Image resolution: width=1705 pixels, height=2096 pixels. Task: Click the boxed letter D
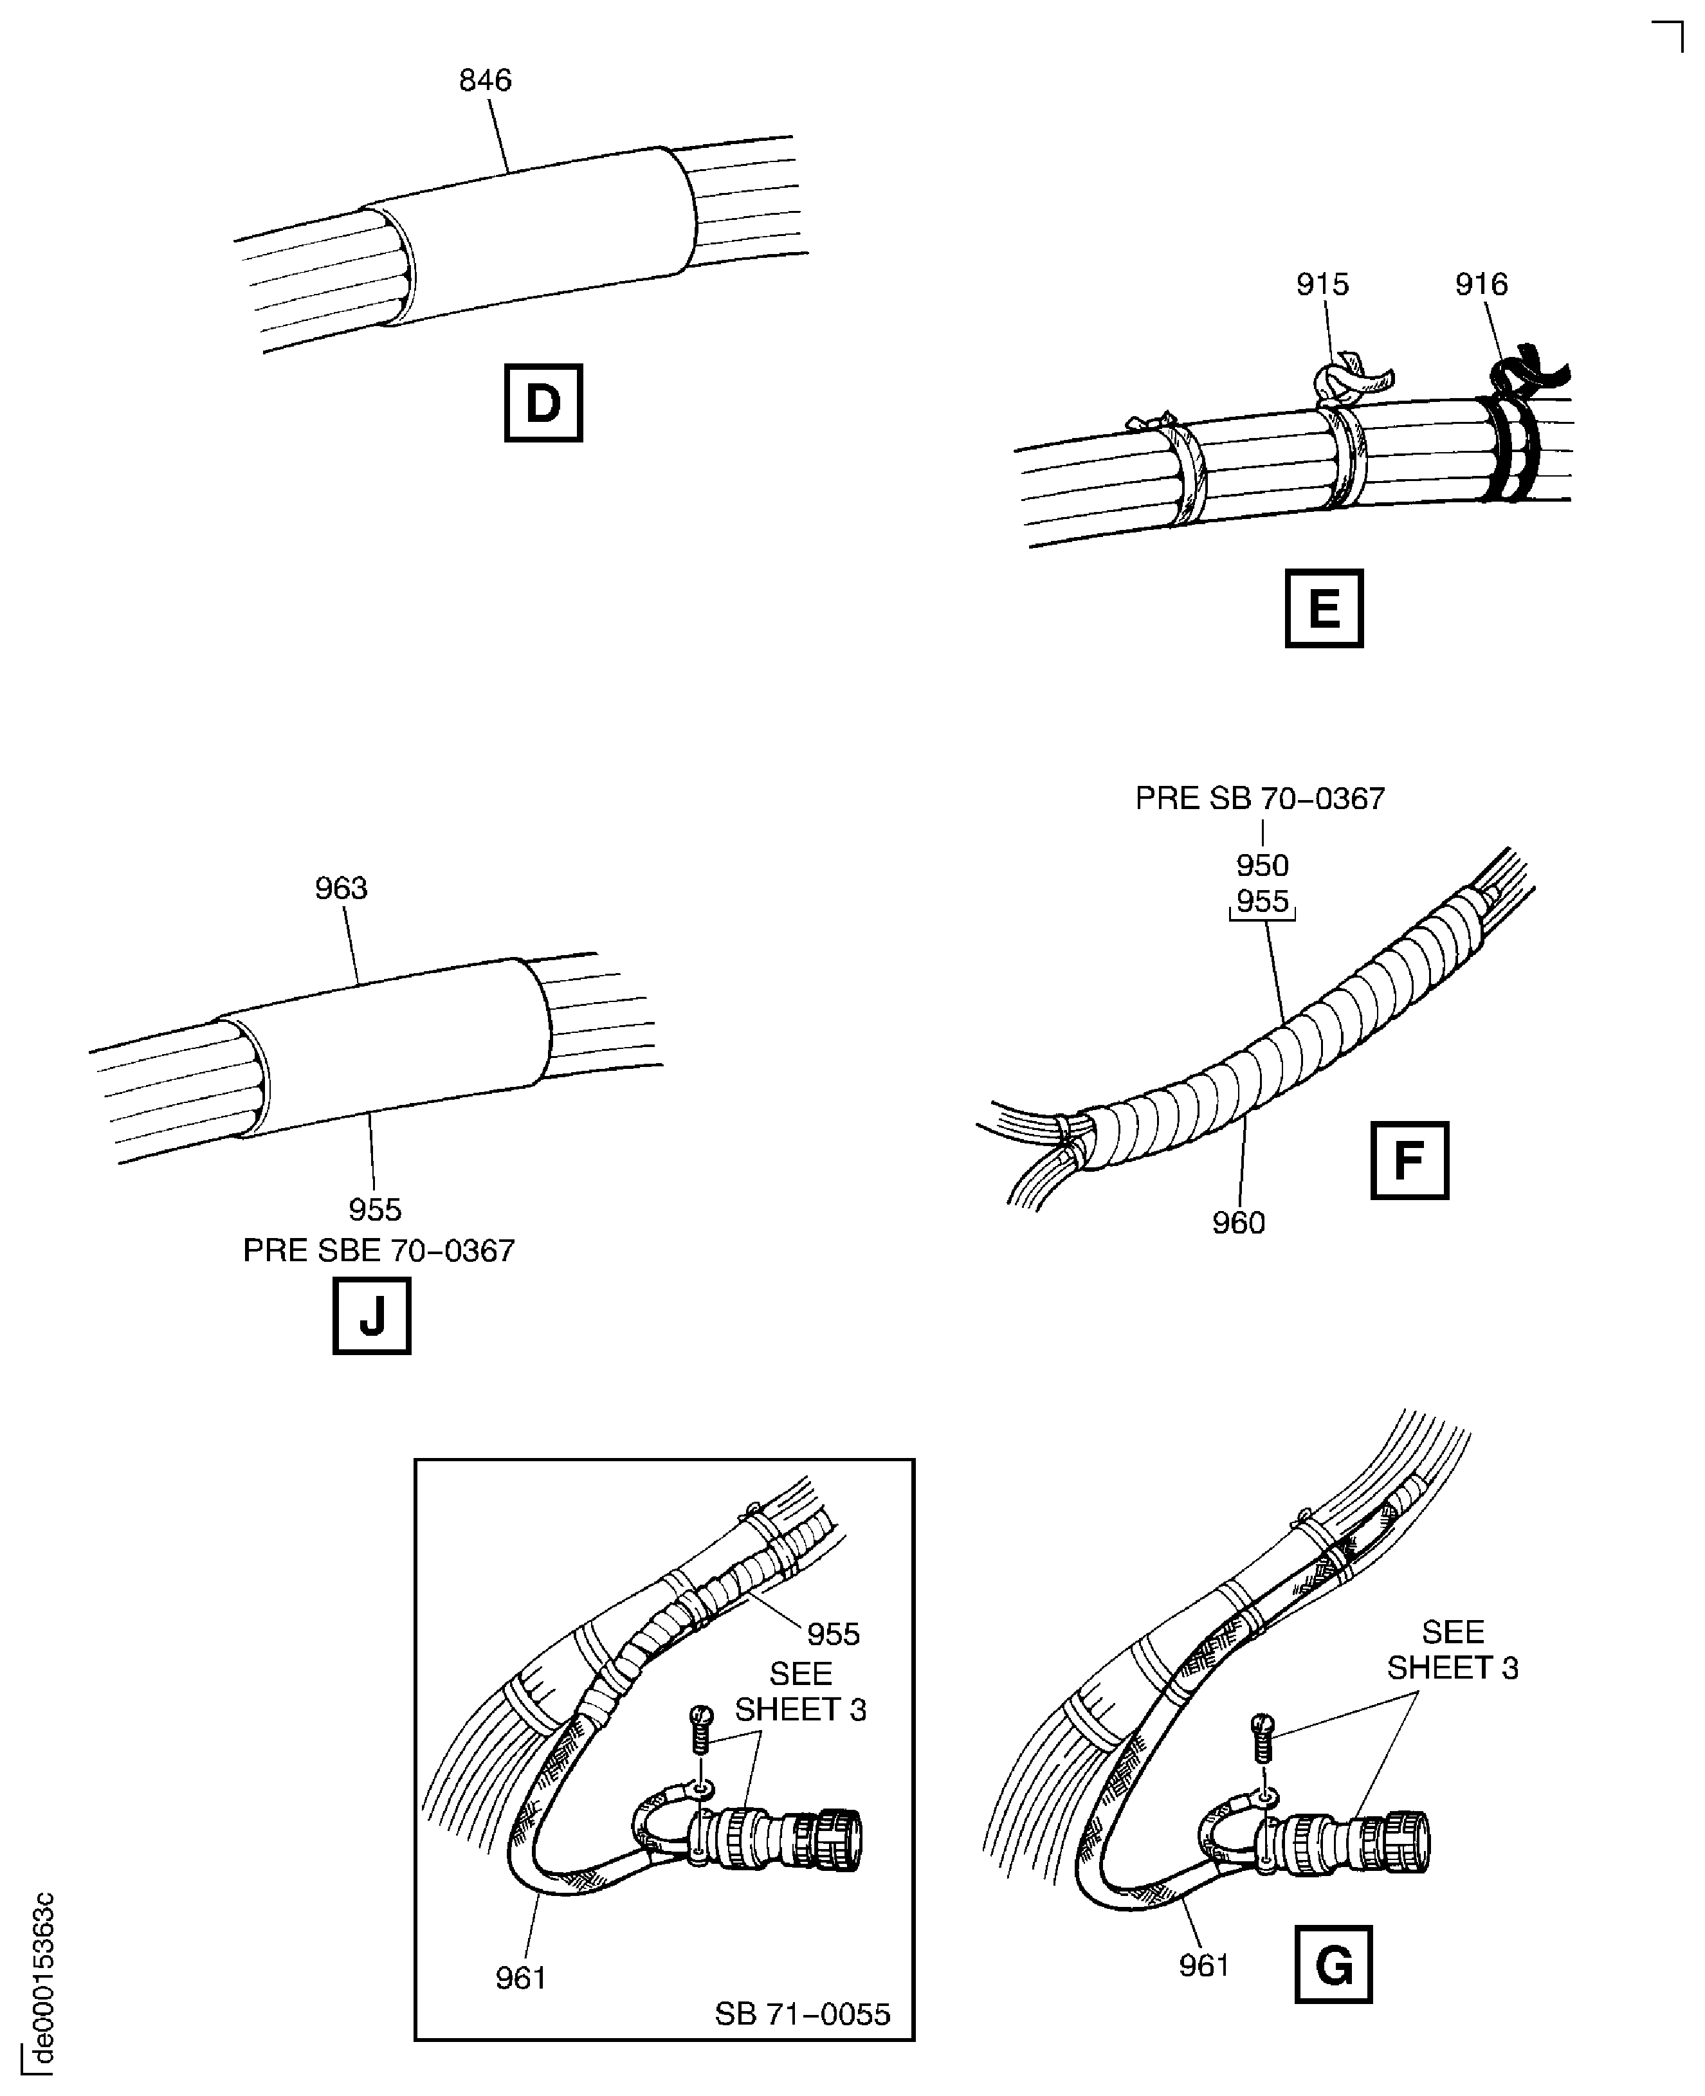coord(543,403)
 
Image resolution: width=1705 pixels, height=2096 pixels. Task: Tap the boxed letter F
coord(1409,1160)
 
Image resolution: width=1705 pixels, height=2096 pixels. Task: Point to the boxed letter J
coord(371,1315)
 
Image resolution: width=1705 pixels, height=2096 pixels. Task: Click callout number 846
coord(485,80)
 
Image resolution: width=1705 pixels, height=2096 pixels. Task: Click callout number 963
coord(341,888)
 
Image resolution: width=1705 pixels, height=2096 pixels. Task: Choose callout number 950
coord(1262,865)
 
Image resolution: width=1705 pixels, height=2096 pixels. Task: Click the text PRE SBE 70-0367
coord(378,1250)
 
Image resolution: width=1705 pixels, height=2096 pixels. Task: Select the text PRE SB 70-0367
coord(1259,799)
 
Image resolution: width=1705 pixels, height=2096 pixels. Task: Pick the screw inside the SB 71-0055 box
coord(700,1731)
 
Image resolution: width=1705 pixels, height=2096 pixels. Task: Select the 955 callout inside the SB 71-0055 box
coord(833,1634)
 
